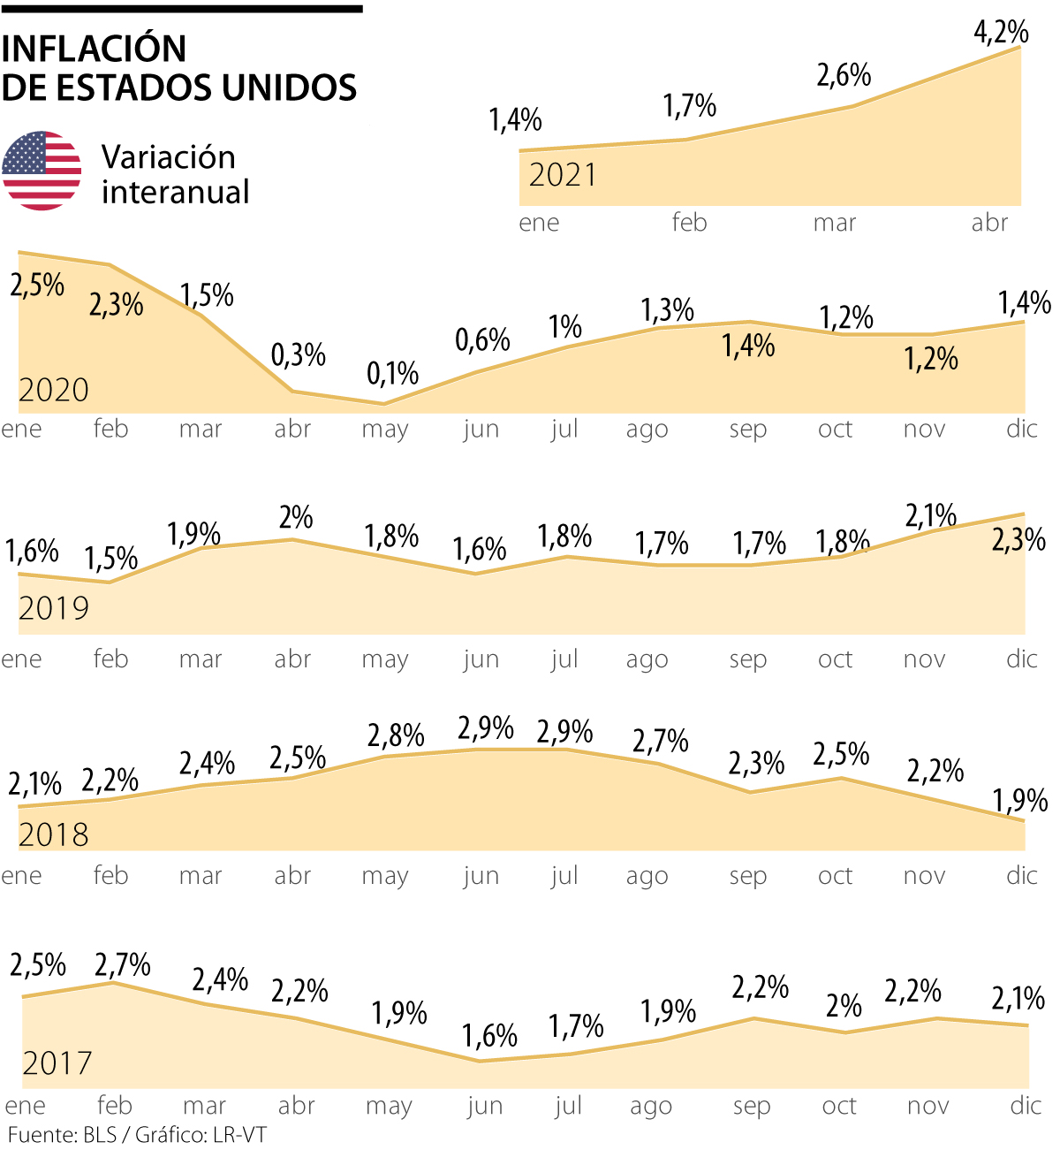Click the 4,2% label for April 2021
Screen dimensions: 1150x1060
point(1001,33)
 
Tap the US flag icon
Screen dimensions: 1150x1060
point(42,171)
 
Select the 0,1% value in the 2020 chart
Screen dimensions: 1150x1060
point(392,374)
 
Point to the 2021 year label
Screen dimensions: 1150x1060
point(563,175)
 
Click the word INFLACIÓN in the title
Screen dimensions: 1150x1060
point(95,49)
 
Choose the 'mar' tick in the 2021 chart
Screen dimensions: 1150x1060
point(834,223)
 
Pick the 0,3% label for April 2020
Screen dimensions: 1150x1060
point(298,355)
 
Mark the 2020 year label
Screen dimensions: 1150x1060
point(54,390)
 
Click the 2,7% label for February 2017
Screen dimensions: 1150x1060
point(123,964)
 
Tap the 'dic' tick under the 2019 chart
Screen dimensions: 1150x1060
point(1021,659)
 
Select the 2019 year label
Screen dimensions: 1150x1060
point(54,608)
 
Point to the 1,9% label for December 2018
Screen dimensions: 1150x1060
point(1019,801)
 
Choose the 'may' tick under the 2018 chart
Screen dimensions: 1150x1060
point(385,876)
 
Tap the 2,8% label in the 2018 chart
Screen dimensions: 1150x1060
point(396,735)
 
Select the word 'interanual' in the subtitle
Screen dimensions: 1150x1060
point(175,192)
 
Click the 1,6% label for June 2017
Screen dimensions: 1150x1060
point(489,1035)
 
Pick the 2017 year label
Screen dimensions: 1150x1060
point(57,1062)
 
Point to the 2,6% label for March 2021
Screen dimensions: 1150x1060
point(844,76)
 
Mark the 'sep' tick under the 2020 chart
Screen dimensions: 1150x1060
point(747,430)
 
